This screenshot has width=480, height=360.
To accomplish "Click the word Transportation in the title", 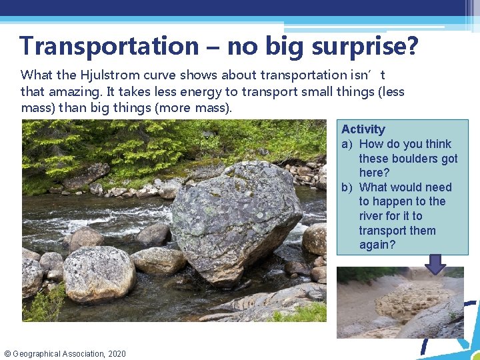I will [109, 46].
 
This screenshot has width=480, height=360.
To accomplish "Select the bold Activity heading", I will [363, 129].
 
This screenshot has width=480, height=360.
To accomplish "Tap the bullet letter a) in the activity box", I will [347, 144].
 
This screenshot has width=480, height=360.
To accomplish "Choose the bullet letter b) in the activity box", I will [347, 187].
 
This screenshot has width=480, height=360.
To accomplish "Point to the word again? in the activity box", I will [377, 245].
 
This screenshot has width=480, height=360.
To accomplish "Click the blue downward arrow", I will [435, 264].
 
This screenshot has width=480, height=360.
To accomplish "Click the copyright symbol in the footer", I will [7, 353].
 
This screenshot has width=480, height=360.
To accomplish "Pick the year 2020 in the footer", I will [115, 353].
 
